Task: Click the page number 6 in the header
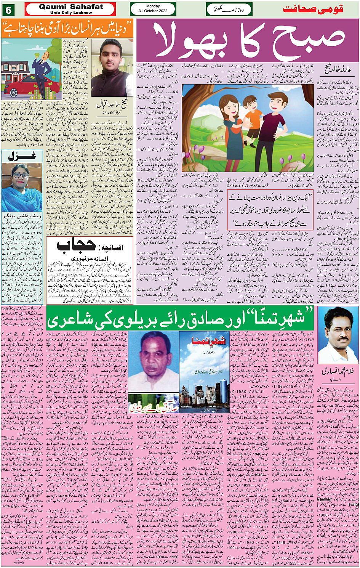8,10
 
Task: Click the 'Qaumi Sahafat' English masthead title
71,7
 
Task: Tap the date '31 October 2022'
153,11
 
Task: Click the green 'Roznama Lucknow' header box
229,9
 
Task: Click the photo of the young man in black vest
112,69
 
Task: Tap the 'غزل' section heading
22,156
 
